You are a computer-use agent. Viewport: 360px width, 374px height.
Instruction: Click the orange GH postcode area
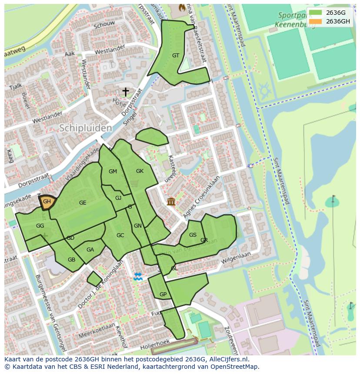click(x=47, y=202)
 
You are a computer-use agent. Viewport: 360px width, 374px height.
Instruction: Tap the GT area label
click(x=176, y=56)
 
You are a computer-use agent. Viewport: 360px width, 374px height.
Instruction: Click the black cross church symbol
click(x=126, y=92)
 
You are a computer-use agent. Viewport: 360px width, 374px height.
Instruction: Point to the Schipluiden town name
click(x=85, y=128)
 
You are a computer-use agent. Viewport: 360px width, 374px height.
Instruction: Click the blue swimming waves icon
click(x=138, y=277)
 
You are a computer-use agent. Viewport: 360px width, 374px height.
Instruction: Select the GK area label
click(x=140, y=171)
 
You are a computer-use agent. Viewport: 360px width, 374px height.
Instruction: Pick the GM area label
click(x=113, y=172)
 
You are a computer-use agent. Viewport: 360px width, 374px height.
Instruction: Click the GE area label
click(x=83, y=203)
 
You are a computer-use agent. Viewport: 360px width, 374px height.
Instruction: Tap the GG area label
click(x=40, y=226)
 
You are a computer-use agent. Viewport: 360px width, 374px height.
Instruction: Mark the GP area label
click(x=163, y=295)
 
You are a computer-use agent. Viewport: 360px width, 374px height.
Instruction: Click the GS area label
click(x=193, y=235)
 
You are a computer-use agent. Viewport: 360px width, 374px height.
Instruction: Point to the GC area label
click(x=120, y=235)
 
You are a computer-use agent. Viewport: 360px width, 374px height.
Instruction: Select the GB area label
click(x=71, y=260)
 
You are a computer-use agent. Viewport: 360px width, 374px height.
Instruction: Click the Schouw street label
click(x=104, y=25)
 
